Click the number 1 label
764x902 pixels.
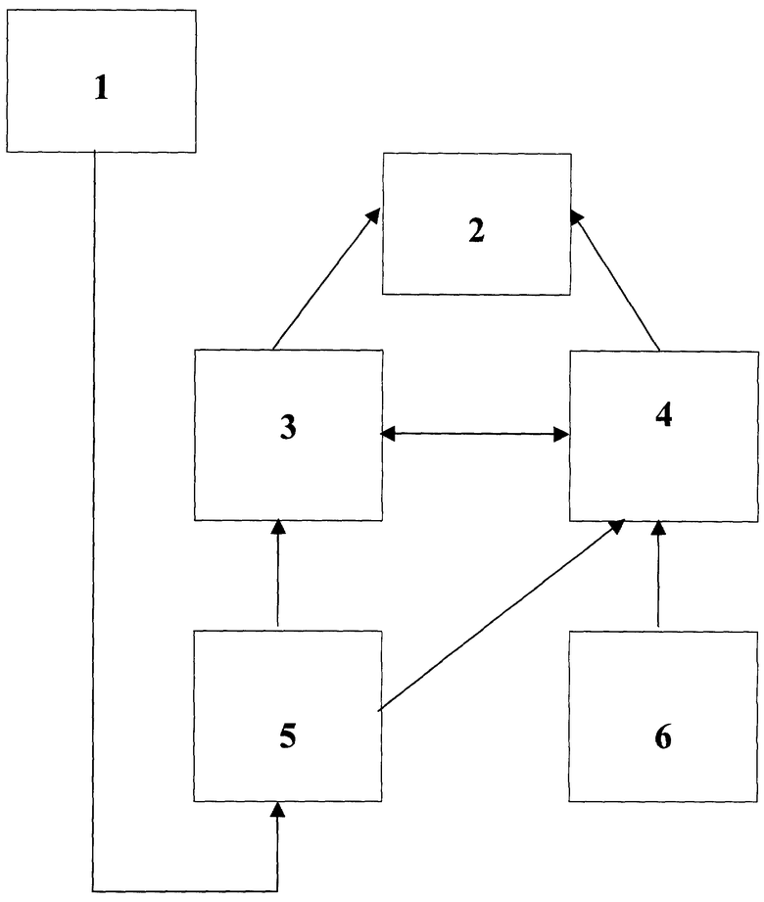coord(101,88)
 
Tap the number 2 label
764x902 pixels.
coord(476,230)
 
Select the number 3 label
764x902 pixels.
coord(288,427)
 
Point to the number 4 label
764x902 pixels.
coord(664,414)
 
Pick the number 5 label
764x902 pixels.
coord(288,736)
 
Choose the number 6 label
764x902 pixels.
coord(663,736)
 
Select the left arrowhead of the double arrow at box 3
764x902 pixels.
coord(388,434)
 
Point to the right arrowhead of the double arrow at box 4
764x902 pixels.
coord(561,434)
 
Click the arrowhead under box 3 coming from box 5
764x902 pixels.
coord(278,526)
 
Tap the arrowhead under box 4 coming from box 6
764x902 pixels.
coord(659,528)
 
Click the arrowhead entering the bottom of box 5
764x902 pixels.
coord(278,809)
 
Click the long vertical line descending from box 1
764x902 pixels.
coord(94,521)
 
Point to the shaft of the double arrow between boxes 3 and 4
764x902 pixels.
coord(475,434)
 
